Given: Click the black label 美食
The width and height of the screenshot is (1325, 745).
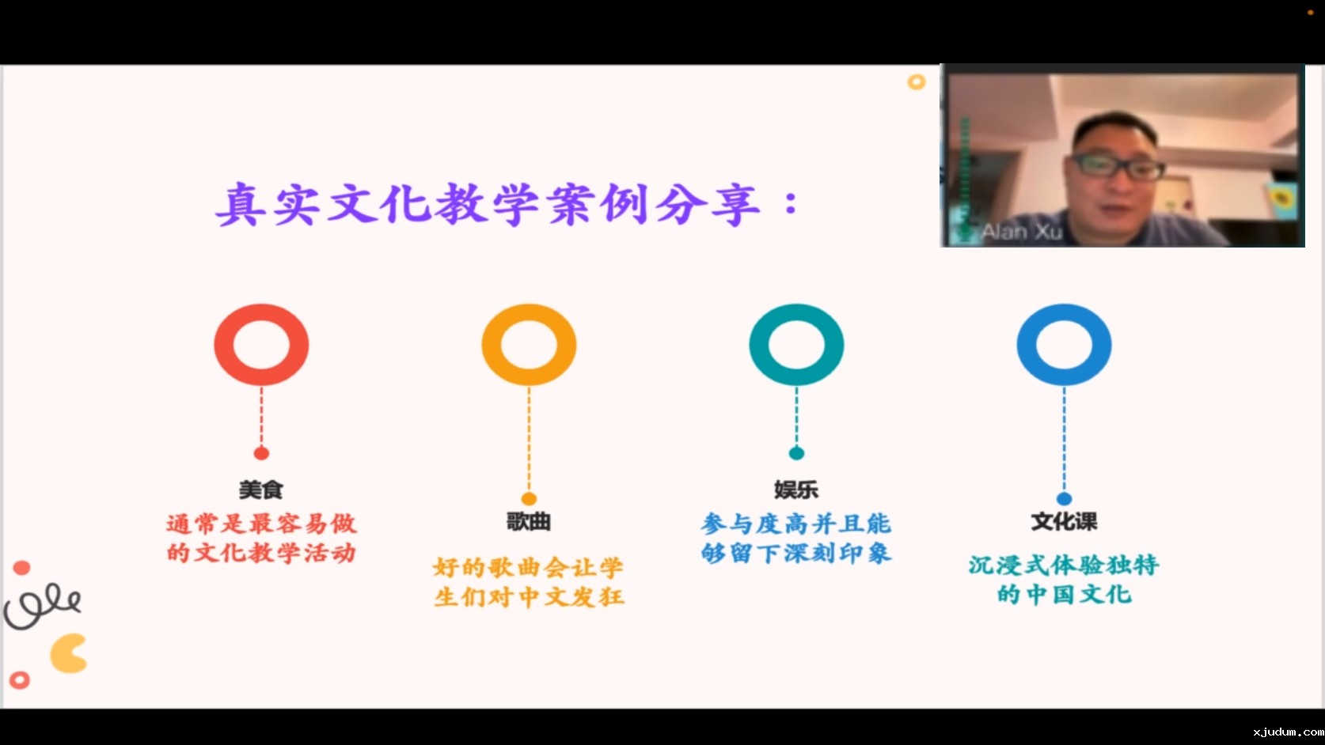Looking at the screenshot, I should pyautogui.click(x=261, y=490).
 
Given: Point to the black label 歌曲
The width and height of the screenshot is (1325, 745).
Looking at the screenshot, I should pyautogui.click(x=529, y=522).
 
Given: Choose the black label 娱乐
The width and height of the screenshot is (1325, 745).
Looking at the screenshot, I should pyautogui.click(x=796, y=490).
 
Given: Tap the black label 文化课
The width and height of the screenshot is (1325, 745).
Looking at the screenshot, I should pyautogui.click(x=1064, y=522).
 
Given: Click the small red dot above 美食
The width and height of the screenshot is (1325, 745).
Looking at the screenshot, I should pyautogui.click(x=261, y=453).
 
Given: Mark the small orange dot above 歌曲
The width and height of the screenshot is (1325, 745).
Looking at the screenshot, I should pyautogui.click(x=529, y=498).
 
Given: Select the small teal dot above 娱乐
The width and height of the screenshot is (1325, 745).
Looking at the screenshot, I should pyautogui.click(x=796, y=453).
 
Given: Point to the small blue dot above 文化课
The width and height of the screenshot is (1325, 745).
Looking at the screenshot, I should pyautogui.click(x=1064, y=498).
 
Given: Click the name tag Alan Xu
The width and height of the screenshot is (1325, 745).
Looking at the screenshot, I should pyautogui.click(x=1021, y=232).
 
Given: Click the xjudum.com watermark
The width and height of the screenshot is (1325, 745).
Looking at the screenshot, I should pyautogui.click(x=1288, y=732).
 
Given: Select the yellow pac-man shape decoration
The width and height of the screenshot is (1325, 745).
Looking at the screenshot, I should pyautogui.click(x=68, y=653).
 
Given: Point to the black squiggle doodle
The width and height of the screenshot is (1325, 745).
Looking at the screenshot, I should pyautogui.click(x=42, y=607).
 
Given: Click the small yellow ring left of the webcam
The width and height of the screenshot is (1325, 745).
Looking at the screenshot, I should pyautogui.click(x=917, y=82).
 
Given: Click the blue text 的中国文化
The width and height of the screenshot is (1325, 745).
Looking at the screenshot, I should pyautogui.click(x=1064, y=594).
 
